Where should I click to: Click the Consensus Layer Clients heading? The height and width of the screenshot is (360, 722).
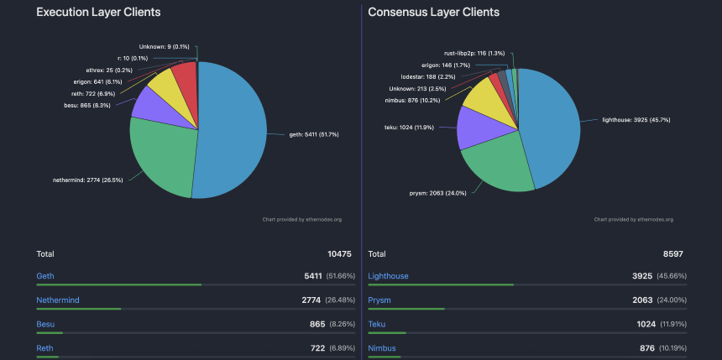pyautogui.click(x=433, y=13)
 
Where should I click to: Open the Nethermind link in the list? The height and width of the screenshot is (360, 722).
pyautogui.click(x=57, y=300)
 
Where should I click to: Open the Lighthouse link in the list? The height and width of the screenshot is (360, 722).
pyautogui.click(x=388, y=276)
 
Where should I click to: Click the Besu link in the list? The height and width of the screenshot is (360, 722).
pyautogui.click(x=45, y=324)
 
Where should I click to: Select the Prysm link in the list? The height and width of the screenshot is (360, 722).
pyautogui.click(x=379, y=300)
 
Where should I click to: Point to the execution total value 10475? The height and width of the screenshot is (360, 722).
pyautogui.click(x=339, y=253)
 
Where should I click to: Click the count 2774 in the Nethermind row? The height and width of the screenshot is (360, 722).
pyautogui.click(x=311, y=300)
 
